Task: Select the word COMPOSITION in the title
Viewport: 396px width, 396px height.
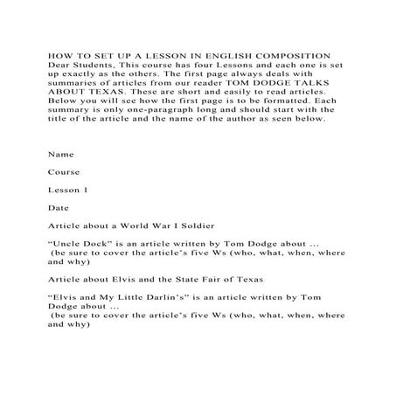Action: coord(284,57)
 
